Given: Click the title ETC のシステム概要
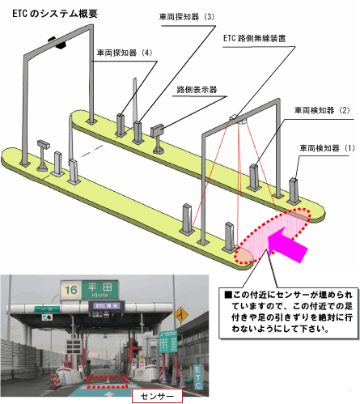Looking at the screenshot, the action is click(x=55, y=14).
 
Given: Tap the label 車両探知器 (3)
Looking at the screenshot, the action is click(x=187, y=17).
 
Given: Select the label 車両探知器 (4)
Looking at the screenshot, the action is click(x=125, y=53).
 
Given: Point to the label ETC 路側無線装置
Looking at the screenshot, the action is click(x=254, y=38).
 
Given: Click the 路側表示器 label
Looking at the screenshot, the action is click(x=197, y=90).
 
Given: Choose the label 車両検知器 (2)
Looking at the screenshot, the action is click(x=322, y=110).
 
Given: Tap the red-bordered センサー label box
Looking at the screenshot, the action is click(x=157, y=396).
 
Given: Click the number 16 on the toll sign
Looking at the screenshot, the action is click(x=70, y=290).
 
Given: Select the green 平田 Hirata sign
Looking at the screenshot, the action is click(x=100, y=290).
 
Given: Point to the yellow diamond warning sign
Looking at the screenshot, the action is click(x=180, y=314).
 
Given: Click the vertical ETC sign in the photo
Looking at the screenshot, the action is click(x=197, y=377).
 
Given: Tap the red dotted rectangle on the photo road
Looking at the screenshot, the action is click(x=107, y=381).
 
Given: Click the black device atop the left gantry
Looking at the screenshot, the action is click(x=57, y=42).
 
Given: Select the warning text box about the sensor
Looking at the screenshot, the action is click(x=289, y=313).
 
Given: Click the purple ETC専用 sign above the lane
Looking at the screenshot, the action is click(x=107, y=306).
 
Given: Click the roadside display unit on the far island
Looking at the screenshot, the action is click(x=157, y=130).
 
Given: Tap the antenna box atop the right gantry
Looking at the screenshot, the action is click(x=234, y=117).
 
